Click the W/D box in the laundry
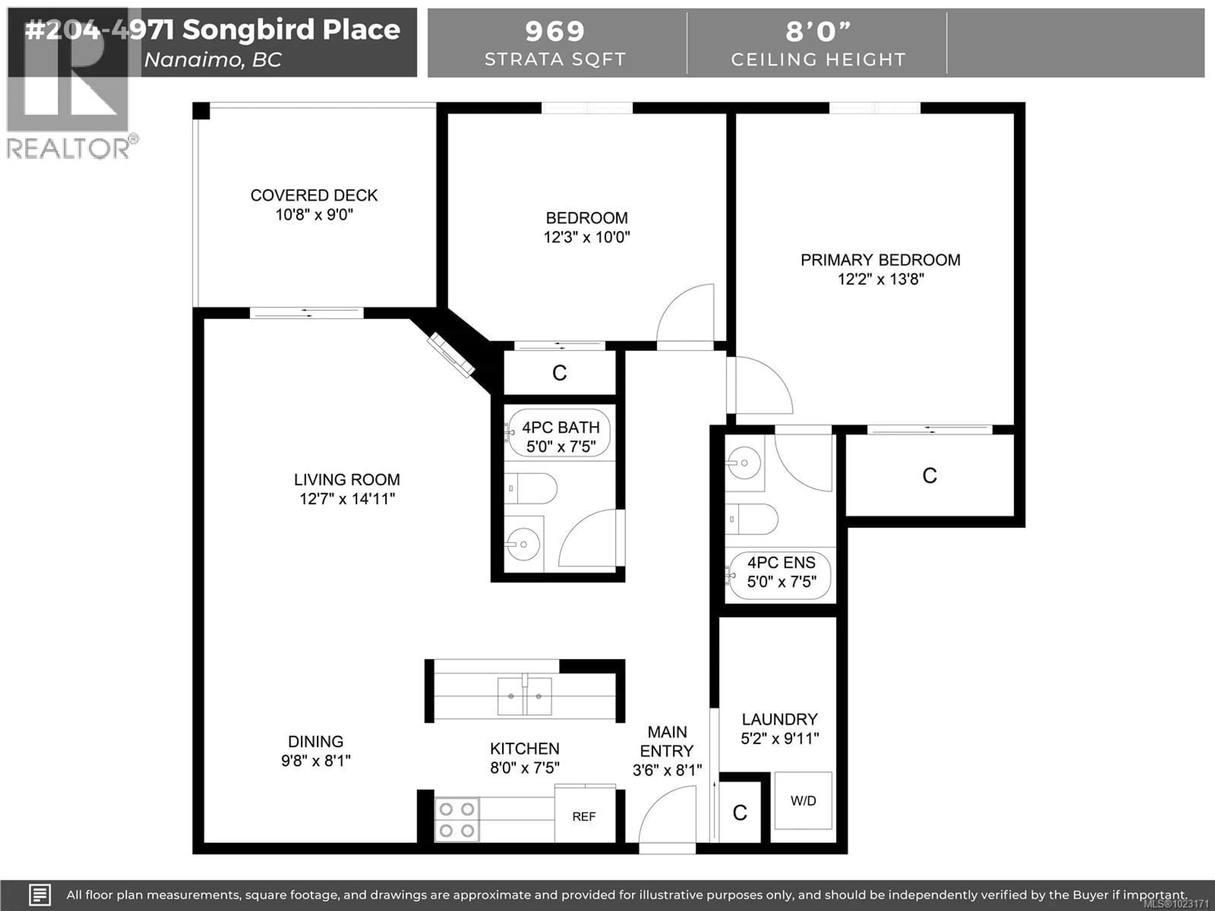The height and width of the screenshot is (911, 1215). [803, 801]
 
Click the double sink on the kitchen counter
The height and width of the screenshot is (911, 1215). [525, 696]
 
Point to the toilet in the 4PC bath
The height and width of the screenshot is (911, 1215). [531, 488]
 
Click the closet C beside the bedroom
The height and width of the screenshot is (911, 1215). [559, 373]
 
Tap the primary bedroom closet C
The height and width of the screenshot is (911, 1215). [929, 475]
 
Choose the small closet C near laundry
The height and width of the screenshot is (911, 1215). [739, 813]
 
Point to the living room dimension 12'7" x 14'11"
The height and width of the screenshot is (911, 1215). [347, 499]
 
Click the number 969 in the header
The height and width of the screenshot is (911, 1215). [555, 31]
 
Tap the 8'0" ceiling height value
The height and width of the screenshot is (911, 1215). [817, 31]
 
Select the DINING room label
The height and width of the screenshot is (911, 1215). [316, 741]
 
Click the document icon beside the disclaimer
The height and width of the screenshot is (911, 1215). [40, 895]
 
